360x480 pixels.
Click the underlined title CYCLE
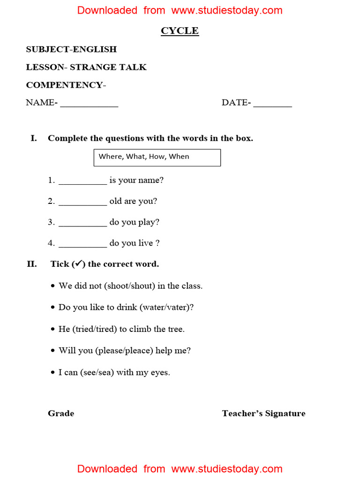pos(180,31)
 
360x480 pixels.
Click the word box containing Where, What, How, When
pos(157,157)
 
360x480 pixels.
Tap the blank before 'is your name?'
pos(83,182)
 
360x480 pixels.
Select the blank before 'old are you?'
pos(83,203)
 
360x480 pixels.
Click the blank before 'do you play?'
pos(83,225)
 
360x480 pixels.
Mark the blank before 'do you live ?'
pos(83,246)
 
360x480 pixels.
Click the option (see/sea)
pos(97,373)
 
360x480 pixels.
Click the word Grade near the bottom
pos(61,413)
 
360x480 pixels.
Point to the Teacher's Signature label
pos(263,413)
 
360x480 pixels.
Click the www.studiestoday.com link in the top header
pos(227,10)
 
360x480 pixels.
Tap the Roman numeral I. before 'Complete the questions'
pos(34,138)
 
